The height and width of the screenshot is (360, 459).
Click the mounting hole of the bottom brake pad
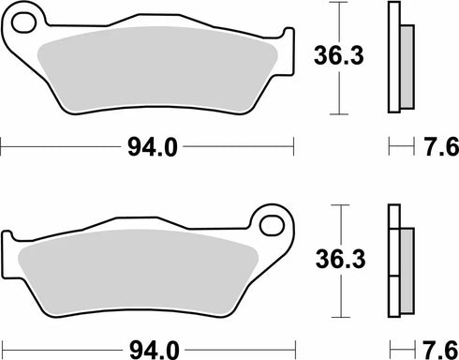(273, 225)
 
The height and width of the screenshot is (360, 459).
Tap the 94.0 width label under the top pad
(149, 145)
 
